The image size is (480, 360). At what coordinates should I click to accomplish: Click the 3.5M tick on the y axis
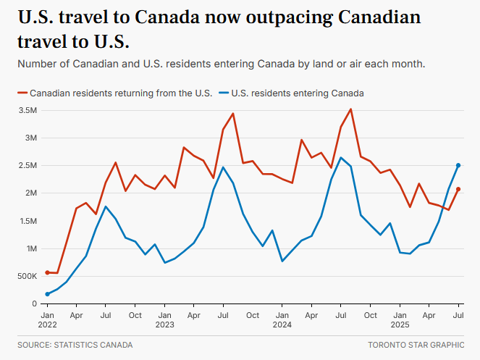coord(28,110)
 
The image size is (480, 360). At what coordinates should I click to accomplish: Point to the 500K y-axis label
coord(26,276)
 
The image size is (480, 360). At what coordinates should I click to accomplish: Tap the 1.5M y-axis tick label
coord(28,221)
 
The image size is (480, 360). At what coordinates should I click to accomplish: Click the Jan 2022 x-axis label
coord(47,320)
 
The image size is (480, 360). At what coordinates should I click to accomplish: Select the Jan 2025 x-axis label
coord(400,320)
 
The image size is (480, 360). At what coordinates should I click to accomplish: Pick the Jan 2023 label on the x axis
coord(164,320)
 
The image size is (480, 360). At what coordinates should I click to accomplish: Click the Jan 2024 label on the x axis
coord(282,320)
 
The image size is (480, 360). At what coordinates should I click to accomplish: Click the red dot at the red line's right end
coord(458,189)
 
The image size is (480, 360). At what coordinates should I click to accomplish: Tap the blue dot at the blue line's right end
coord(458,165)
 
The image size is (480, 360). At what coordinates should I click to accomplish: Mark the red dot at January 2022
coord(47,272)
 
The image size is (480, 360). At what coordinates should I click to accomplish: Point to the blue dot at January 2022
coord(47,294)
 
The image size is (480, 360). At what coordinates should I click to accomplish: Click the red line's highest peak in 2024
coord(350,109)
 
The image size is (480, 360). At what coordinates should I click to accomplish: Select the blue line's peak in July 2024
coord(341,158)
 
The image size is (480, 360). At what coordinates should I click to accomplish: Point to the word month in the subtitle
coord(408,64)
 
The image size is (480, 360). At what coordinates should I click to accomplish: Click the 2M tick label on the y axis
coord(30,193)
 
